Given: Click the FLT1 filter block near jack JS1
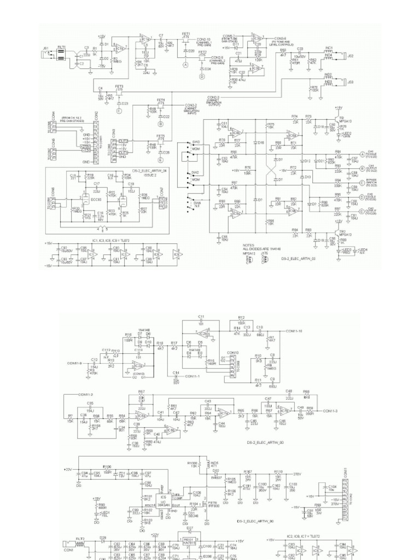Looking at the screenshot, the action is [62, 55].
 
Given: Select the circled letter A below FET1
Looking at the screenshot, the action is [185, 65].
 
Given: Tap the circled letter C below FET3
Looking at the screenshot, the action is [119, 111].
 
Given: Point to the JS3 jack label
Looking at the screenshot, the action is [351, 82].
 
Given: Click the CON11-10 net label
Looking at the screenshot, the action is [296, 331].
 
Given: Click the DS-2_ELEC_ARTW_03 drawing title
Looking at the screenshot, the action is [299, 257].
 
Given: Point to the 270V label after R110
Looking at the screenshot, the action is [297, 474].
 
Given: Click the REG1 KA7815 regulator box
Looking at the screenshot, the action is [190, 540].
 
